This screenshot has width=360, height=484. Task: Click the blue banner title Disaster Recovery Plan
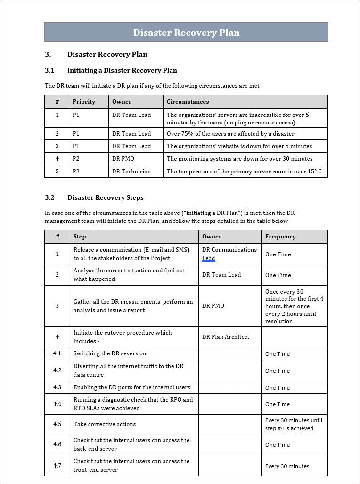click(x=186, y=33)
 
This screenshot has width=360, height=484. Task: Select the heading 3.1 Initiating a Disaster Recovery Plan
click(x=122, y=70)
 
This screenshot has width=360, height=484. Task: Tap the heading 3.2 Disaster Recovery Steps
click(x=105, y=197)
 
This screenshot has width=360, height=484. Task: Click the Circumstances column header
click(x=188, y=102)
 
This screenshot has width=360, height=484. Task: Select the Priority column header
click(x=84, y=102)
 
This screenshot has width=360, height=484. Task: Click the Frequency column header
click(x=280, y=237)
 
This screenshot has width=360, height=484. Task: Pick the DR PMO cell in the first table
click(x=123, y=159)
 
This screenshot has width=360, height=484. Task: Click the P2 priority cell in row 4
click(x=76, y=159)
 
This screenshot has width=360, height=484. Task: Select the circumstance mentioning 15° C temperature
click(x=244, y=172)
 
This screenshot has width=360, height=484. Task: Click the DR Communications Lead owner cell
click(x=229, y=254)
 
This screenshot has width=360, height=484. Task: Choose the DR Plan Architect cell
click(x=226, y=337)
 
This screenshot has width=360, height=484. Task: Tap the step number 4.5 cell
click(x=57, y=424)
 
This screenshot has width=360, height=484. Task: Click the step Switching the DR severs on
click(x=110, y=353)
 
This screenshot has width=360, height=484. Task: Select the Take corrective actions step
click(x=105, y=424)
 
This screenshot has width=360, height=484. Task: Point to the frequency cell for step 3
click(x=294, y=306)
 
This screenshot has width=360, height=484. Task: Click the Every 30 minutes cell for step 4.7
click(x=287, y=466)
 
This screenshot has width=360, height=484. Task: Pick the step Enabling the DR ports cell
click(x=131, y=387)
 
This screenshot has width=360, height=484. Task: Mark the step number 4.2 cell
click(x=57, y=370)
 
